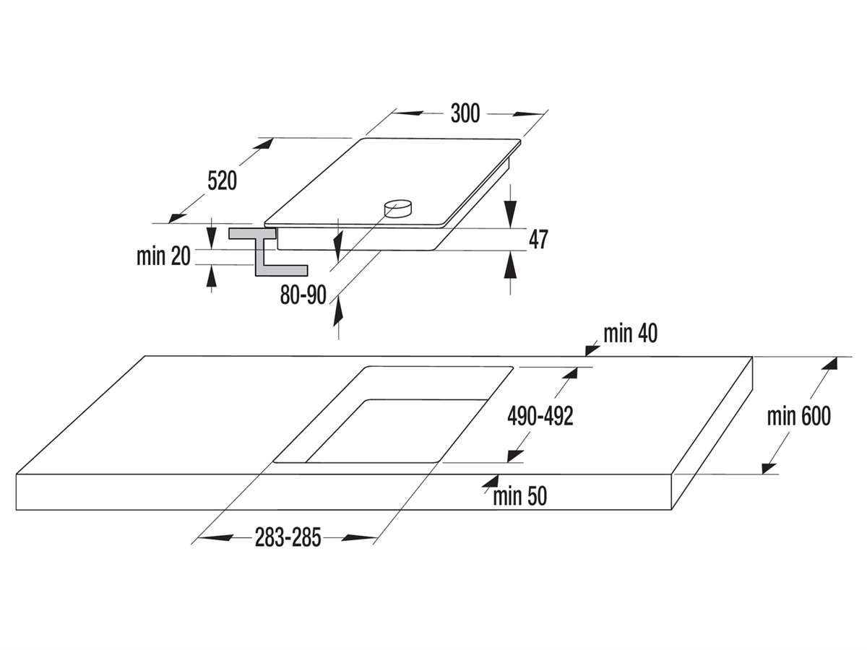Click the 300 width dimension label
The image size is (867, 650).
tap(465, 113)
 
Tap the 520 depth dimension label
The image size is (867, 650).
tap(222, 181)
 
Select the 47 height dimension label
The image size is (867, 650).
tap(538, 239)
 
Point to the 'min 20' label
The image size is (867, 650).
tap(163, 256)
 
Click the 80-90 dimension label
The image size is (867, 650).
tap(303, 295)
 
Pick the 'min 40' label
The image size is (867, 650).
tap(631, 334)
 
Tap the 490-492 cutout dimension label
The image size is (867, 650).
tap(540, 416)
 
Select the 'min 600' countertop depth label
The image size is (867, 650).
tap(798, 416)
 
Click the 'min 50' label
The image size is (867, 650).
tap(519, 496)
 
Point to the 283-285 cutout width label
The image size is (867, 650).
tap(288, 537)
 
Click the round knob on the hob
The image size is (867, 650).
tap(398, 208)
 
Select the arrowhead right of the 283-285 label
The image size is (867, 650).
tap(358, 537)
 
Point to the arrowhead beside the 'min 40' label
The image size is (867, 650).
tap(592, 350)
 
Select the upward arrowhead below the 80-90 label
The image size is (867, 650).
tap(338, 311)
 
